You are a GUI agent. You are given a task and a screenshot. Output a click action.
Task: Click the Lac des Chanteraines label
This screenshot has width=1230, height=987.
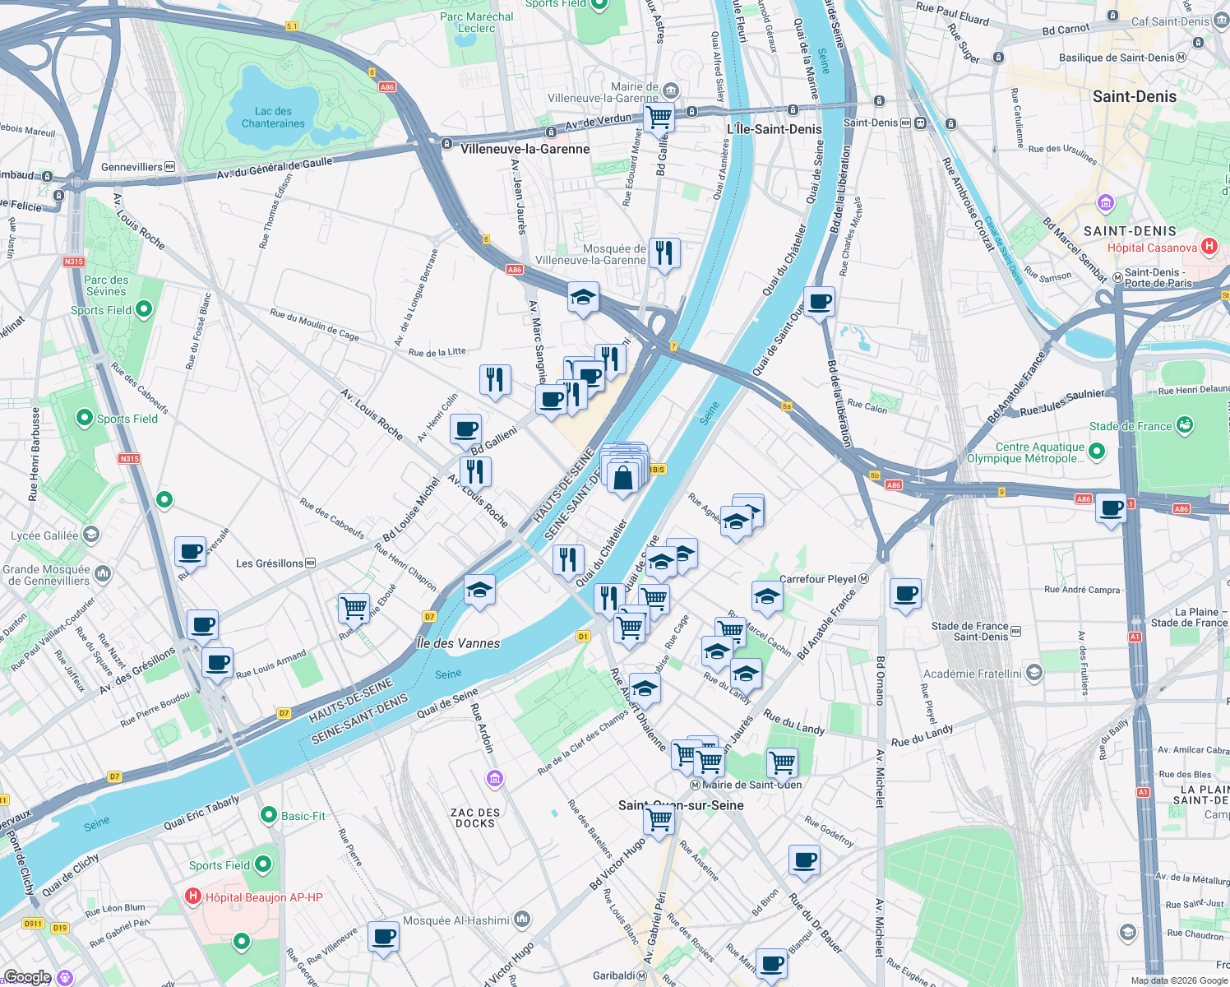coord(273,118)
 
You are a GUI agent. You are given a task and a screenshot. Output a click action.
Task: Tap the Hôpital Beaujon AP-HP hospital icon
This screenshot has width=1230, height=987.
coord(193,897)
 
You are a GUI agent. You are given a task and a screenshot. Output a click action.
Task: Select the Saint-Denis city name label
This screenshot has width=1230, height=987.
coord(1134,96)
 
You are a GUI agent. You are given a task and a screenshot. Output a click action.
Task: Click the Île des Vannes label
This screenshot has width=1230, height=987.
coord(458,643)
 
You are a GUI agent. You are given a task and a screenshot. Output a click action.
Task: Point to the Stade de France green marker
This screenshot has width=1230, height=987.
coord(1184,425)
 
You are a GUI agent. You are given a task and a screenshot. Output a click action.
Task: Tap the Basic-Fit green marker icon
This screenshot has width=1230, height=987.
coord(268,815)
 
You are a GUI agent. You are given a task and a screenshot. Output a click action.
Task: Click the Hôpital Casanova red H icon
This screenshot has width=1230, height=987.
coord(1209,246)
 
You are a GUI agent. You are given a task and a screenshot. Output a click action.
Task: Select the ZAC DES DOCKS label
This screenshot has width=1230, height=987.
coord(475,818)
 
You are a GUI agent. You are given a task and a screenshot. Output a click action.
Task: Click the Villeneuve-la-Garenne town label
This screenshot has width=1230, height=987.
coord(525,149)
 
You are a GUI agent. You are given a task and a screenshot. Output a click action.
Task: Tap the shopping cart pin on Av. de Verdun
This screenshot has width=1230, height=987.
coord(659,117)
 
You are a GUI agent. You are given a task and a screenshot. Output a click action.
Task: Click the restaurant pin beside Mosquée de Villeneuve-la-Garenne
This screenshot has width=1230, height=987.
coord(664,253)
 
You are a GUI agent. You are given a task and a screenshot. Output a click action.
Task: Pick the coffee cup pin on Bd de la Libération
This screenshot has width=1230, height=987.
coord(819,302)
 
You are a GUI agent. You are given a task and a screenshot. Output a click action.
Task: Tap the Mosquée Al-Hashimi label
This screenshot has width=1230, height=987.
coord(456,920)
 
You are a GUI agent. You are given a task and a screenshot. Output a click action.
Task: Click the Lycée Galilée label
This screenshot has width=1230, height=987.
coord(44,535)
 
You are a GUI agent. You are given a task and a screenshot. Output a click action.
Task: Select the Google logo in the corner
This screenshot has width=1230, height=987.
coord(27,977)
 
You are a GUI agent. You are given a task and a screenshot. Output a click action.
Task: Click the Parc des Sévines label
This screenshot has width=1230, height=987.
coord(106,285)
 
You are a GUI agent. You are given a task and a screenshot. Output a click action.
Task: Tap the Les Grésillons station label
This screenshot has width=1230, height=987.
coord(269,563)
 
